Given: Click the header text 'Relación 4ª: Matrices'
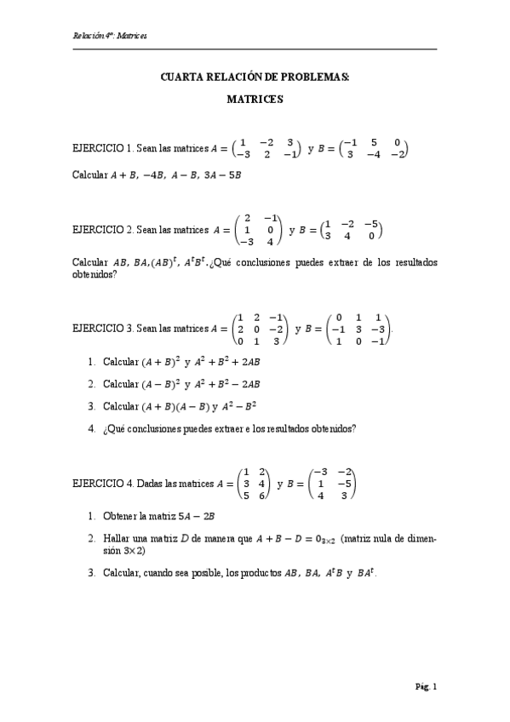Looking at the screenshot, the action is click(x=111, y=36).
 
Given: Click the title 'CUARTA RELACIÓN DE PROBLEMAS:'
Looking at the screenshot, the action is click(x=255, y=77).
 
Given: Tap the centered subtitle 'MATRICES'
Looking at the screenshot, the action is click(x=255, y=99).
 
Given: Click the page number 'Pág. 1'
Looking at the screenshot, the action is click(x=426, y=686).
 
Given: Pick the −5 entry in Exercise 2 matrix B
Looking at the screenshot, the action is click(x=370, y=224).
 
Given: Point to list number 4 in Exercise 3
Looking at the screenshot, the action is click(x=91, y=428).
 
